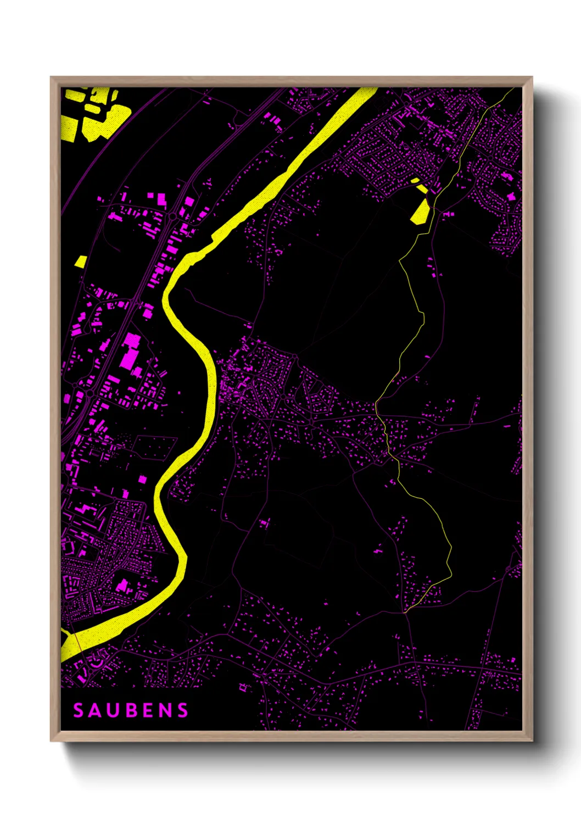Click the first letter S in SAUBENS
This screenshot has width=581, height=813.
pyautogui.click(x=79, y=710)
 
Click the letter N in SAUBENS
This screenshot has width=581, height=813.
pyautogui.click(x=164, y=710)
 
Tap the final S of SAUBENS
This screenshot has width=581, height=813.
pyautogui.click(x=182, y=710)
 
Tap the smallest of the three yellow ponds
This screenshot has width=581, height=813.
pyautogui.click(x=415, y=180)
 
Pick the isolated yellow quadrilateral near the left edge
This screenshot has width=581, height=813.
pyautogui.click(x=81, y=261)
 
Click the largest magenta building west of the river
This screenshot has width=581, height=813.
pyautogui.click(x=130, y=352)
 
